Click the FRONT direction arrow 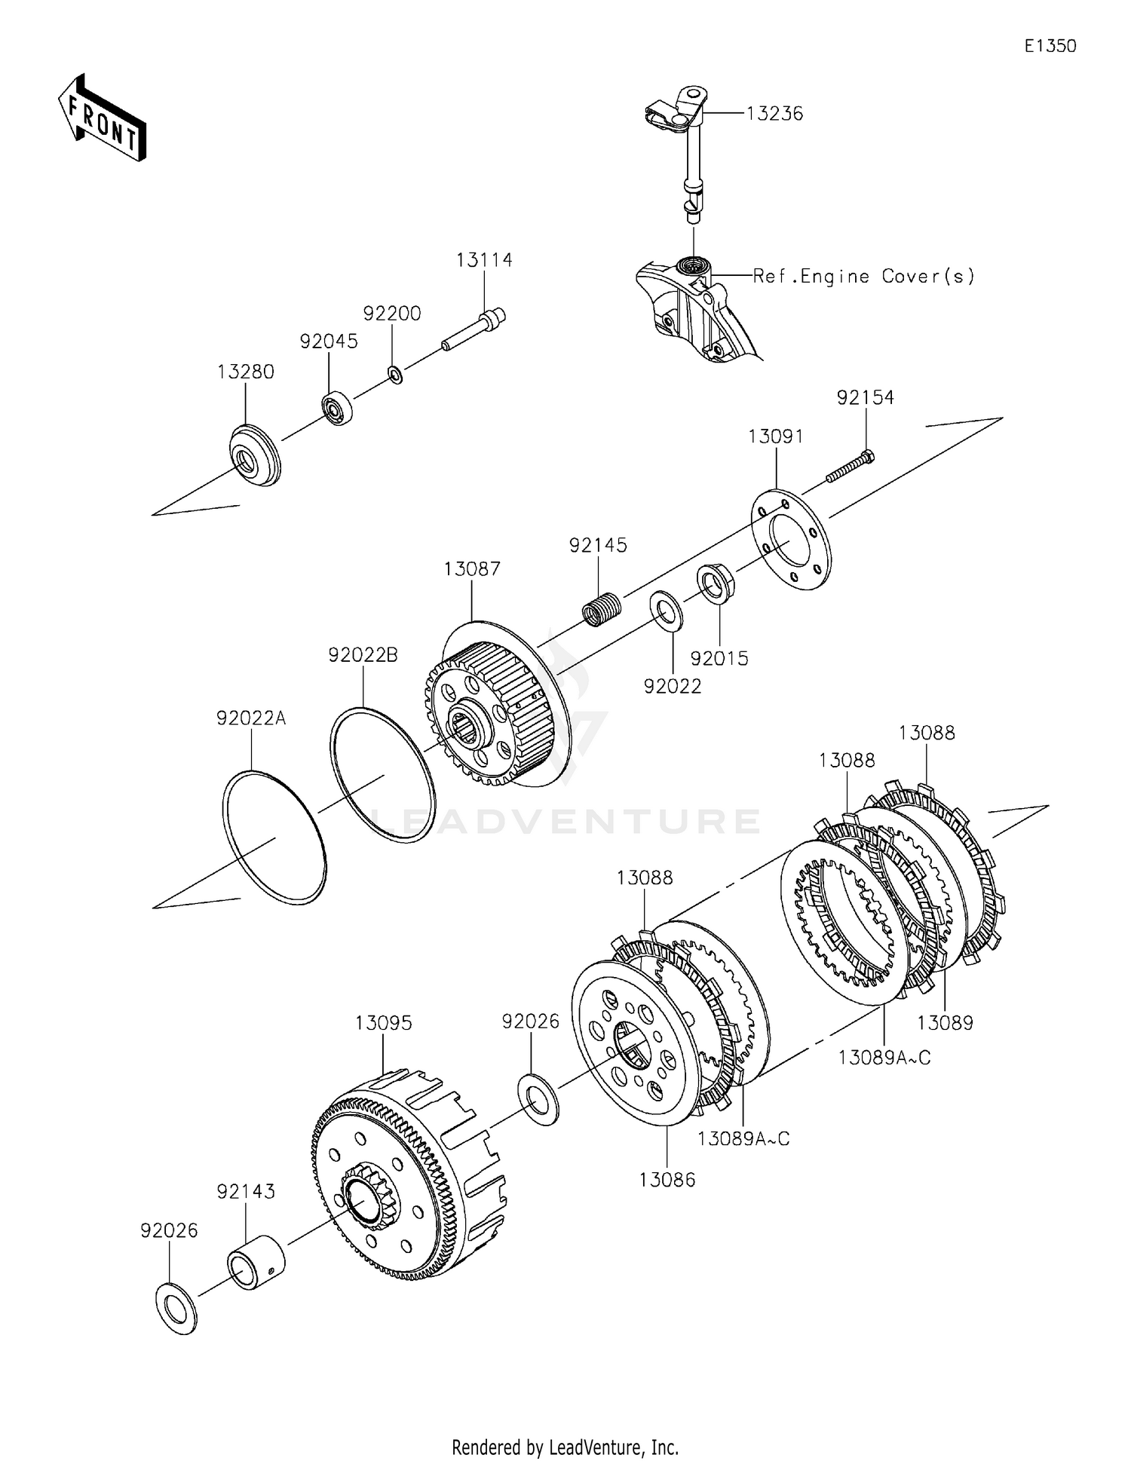102,118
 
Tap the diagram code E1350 1050,46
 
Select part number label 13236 774,113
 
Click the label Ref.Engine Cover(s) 864,276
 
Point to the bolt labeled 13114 473,331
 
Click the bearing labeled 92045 338,408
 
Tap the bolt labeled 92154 851,466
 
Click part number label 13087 472,568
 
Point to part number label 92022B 363,655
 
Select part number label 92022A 251,718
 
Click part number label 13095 384,1023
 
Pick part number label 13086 667,1180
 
